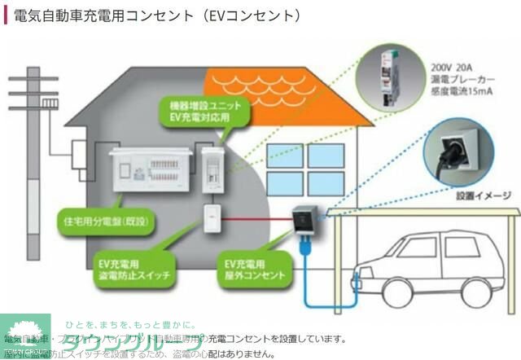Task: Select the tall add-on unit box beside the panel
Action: click(x=213, y=171)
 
